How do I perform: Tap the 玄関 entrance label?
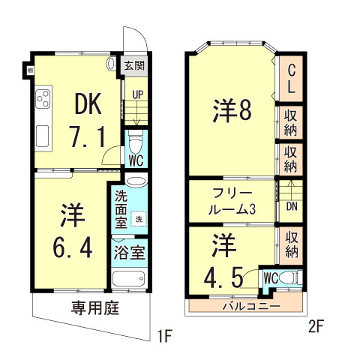coord(135,66)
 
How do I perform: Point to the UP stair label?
coord(137,95)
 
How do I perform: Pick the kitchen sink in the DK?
coord(42,136)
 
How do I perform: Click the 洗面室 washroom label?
coord(121,213)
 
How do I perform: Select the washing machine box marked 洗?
coord(138,218)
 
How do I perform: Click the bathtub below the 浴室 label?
coord(130,280)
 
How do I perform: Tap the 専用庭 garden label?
coord(96,307)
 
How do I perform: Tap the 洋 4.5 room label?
coord(223,262)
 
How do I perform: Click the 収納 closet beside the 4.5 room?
coord(290,244)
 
